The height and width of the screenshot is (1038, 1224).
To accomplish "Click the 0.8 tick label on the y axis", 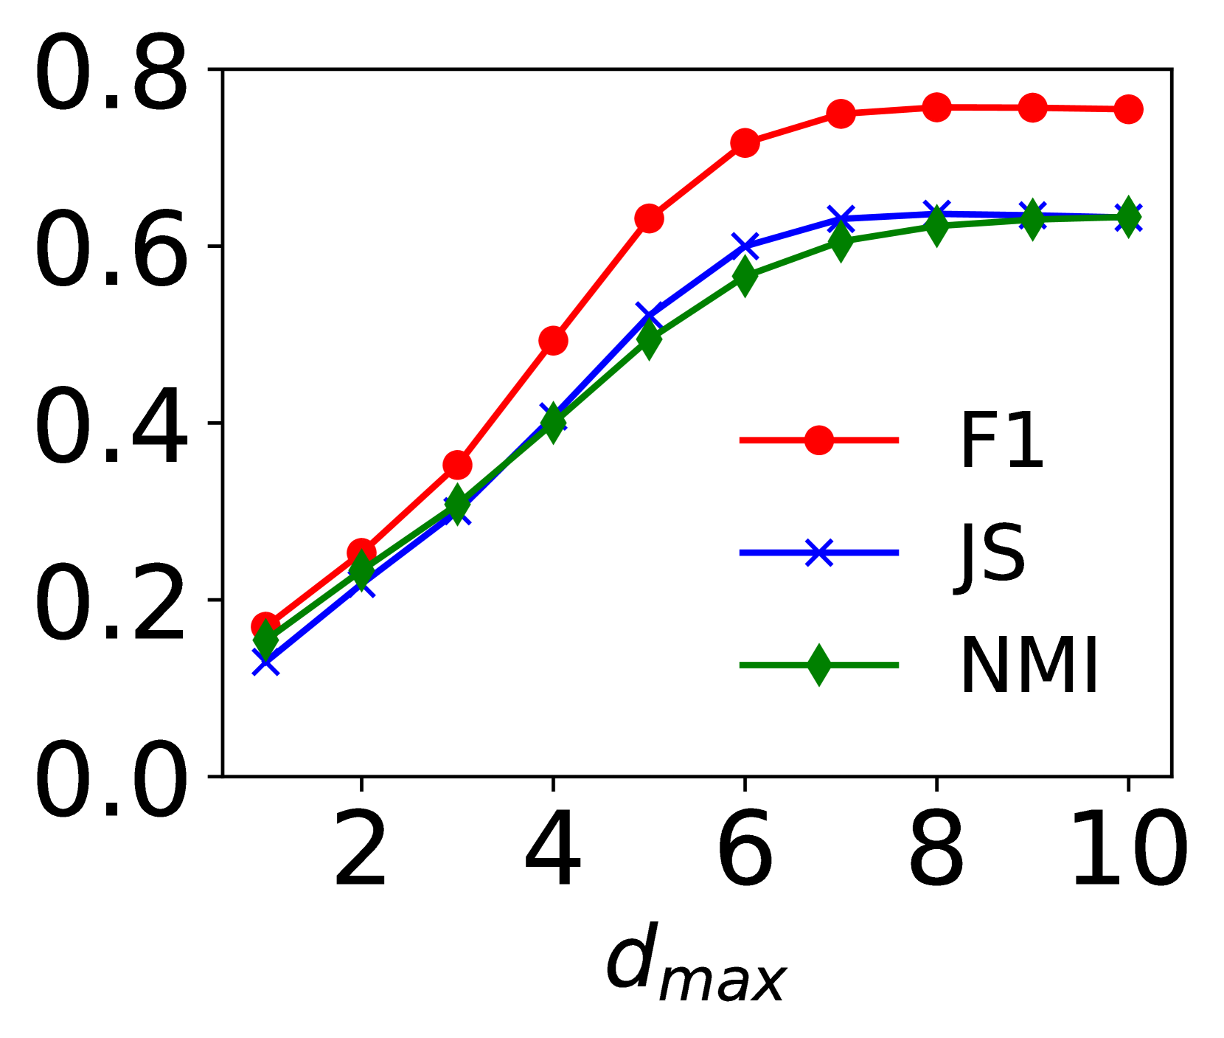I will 111,74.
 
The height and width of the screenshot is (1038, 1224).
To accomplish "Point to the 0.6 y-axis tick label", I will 111,249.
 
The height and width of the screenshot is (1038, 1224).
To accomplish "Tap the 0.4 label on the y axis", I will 111,426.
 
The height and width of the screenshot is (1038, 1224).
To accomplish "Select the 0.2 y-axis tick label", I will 111,603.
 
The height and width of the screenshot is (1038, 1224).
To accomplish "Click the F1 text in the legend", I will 1001,441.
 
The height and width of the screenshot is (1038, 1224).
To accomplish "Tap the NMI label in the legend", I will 1029,666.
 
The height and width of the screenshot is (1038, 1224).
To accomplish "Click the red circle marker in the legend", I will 819,440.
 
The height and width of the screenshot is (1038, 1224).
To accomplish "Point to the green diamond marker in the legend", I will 819,665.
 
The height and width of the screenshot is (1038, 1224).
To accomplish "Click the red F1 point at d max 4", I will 553,340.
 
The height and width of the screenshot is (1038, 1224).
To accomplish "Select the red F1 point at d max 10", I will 1128,109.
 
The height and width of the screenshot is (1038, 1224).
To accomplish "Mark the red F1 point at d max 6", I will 745,142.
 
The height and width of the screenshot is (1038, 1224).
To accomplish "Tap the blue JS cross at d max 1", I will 265,663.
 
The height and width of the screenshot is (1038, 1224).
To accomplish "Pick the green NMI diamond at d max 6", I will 745,276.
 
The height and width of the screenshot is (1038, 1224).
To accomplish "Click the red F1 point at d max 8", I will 936,108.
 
